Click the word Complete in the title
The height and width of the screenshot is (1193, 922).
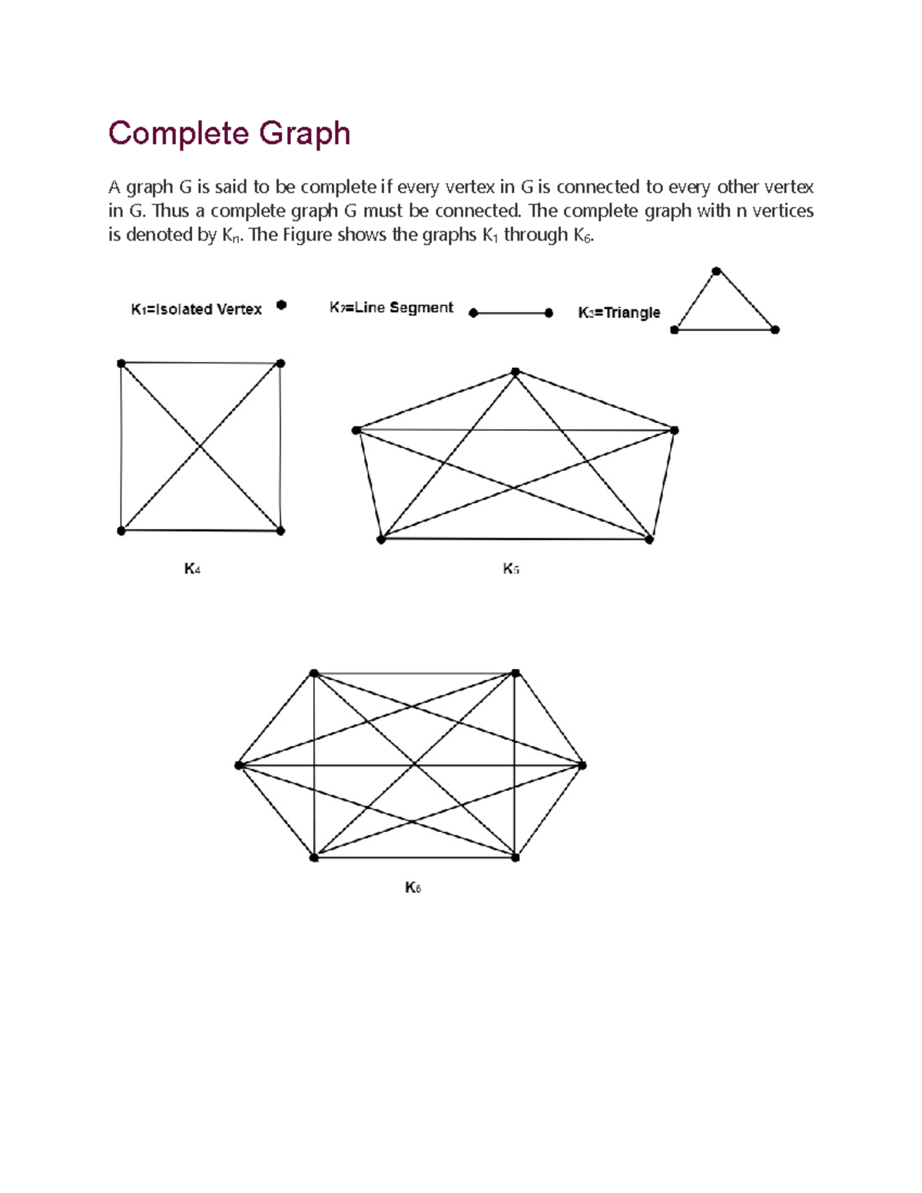[179, 134]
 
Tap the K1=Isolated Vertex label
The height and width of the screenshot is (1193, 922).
[196, 309]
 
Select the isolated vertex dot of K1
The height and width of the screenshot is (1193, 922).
[281, 305]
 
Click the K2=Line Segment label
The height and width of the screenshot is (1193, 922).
[391, 307]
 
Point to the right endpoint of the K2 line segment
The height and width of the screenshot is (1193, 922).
[549, 313]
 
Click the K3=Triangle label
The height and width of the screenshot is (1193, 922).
[619, 313]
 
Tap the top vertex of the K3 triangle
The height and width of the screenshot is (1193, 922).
[716, 271]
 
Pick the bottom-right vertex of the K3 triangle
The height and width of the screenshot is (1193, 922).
[775, 330]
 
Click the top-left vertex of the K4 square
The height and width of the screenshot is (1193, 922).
[121, 363]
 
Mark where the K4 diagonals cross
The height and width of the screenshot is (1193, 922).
[201, 446]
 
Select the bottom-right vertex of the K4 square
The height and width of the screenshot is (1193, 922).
[280, 530]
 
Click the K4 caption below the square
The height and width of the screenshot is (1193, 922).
[192, 569]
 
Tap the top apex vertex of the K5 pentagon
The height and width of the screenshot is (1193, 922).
[516, 372]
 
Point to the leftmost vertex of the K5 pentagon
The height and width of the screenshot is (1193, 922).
[357, 430]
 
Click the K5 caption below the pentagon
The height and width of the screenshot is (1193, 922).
[511, 569]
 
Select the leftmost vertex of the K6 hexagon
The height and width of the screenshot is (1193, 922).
[239, 765]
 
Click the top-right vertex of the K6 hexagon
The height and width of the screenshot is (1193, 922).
[516, 674]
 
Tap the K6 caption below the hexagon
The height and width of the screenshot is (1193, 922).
[413, 888]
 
